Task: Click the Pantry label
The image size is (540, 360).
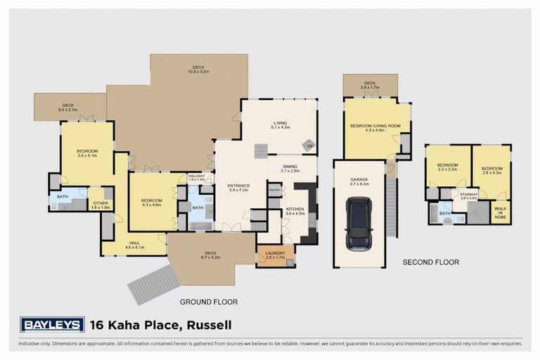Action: [274, 190]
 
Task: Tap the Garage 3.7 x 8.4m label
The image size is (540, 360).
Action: [359, 181]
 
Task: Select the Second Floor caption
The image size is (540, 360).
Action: [430, 262]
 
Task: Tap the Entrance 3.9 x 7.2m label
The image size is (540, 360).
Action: [239, 188]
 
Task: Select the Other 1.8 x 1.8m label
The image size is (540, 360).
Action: [101, 205]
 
